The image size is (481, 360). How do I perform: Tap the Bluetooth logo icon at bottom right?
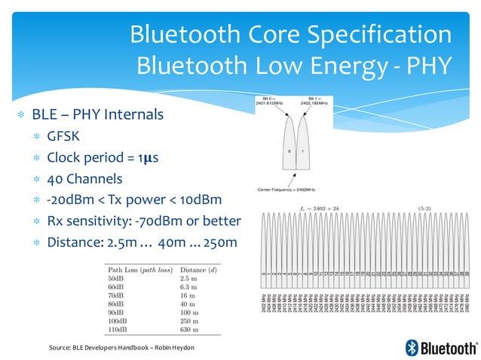point(412,347)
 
